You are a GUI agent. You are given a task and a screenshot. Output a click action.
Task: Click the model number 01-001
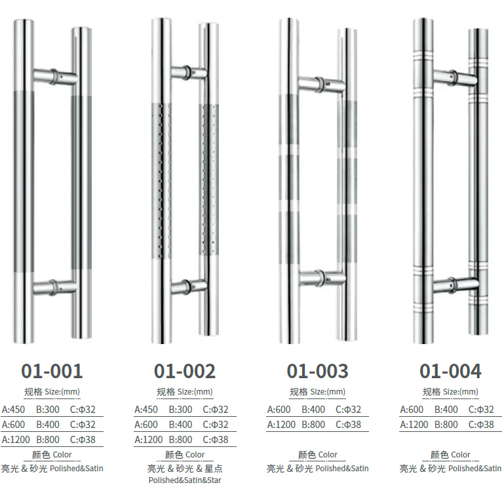(52, 371)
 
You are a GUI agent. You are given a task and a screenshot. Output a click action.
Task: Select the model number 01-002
(185, 371)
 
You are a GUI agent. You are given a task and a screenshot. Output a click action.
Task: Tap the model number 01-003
(318, 371)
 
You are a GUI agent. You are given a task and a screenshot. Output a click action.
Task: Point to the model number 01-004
(450, 371)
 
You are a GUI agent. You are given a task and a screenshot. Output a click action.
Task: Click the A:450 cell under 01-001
(14, 410)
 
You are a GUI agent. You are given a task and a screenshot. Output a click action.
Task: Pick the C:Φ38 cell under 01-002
(216, 439)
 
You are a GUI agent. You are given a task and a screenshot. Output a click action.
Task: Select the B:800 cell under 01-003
(313, 425)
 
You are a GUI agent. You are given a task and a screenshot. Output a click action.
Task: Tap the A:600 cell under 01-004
(412, 410)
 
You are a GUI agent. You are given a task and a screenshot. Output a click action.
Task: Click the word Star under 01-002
(214, 480)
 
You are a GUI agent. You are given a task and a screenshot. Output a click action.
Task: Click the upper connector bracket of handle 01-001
(55, 77)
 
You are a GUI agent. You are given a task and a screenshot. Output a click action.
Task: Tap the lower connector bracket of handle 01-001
(55, 287)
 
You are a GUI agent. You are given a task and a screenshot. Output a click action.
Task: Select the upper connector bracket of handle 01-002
(189, 72)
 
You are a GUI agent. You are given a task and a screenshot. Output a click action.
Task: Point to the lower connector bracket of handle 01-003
(322, 279)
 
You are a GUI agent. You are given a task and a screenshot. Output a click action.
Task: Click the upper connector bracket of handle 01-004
(455, 78)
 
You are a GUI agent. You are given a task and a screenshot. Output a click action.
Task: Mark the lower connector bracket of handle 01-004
(456, 285)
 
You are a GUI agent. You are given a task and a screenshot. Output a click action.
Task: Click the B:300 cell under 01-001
(48, 410)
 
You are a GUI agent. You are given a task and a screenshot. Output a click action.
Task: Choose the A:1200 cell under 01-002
(149, 439)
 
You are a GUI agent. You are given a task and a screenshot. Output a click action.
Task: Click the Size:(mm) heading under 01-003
(328, 392)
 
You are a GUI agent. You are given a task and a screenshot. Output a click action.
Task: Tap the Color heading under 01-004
(461, 454)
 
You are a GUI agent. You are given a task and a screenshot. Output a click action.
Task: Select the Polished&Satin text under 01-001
(77, 469)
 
